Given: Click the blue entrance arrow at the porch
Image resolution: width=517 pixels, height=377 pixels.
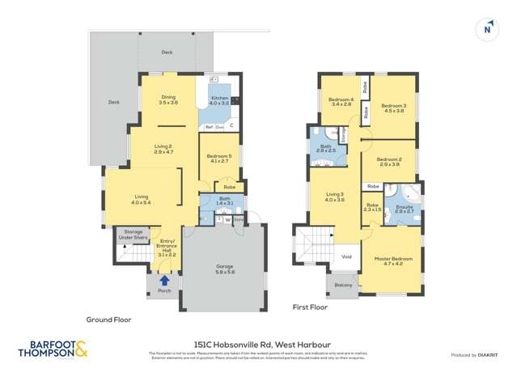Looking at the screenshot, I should (164, 280).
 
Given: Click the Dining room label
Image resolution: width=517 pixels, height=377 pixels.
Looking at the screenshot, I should (167, 100).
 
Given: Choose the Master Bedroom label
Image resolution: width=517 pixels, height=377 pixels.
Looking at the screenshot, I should (393, 261).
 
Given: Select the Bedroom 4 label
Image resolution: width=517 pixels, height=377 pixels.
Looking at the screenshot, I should (340, 102).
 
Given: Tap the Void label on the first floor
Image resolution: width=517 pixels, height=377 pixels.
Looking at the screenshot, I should (346, 256).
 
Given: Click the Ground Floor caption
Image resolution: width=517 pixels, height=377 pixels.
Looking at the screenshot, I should (108, 320).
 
